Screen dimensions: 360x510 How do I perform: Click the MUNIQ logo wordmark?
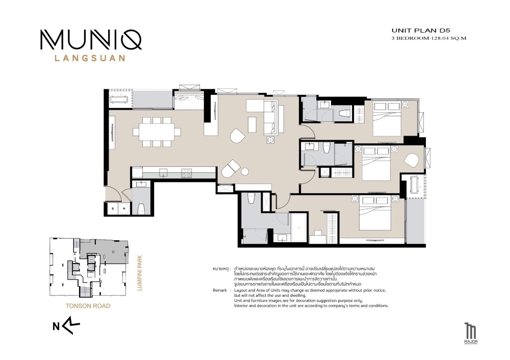tap(91, 40)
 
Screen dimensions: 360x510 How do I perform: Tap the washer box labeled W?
tap(123, 209)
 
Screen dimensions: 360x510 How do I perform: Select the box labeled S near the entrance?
tap(112, 209)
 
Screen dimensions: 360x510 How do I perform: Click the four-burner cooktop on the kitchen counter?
tap(186, 173)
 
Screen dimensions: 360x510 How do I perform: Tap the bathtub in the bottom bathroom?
tap(298, 226)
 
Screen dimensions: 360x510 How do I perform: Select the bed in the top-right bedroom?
tap(389, 118)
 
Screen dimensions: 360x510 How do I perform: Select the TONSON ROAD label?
tap(87, 306)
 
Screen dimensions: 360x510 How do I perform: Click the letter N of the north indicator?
tap(56, 328)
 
